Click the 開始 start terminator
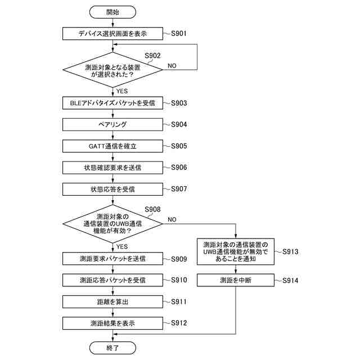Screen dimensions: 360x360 [x=112, y=12]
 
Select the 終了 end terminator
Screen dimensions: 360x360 [x=112, y=347]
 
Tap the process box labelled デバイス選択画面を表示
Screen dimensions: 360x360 [x=112, y=34]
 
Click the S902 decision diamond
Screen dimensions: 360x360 [x=112, y=70]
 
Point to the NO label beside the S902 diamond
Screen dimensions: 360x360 [x=172, y=66]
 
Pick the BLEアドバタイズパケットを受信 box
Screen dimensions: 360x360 [x=112, y=103]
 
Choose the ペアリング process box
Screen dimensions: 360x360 [x=112, y=124]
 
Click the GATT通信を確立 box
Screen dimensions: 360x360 [x=112, y=146]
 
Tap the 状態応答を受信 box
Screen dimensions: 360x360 [x=112, y=188]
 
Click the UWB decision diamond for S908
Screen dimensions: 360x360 [x=112, y=224]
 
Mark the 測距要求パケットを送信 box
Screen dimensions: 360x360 [x=112, y=259]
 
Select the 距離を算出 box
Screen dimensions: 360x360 [x=112, y=302]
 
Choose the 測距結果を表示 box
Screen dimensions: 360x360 [x=112, y=323]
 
